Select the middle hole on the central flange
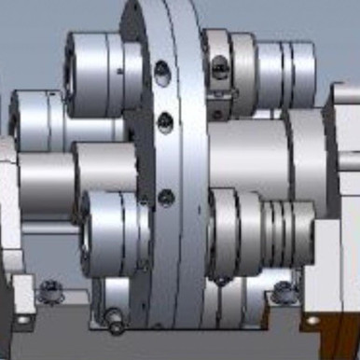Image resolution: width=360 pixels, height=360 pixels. [x=166, y=119]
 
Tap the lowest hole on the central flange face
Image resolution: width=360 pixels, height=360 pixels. [x=167, y=197]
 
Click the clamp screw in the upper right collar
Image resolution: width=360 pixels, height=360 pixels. [x=219, y=65]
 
